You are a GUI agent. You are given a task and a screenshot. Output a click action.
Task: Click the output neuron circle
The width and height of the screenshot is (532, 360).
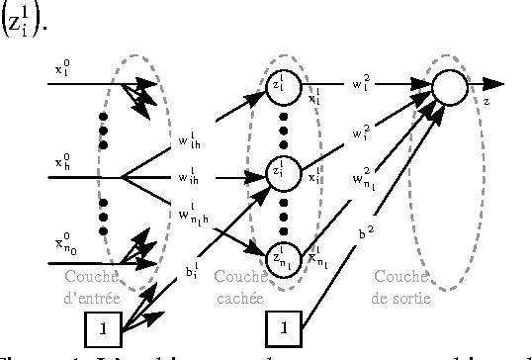pos(449,88)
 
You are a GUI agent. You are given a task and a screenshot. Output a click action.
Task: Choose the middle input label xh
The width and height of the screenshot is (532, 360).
pos(62,159)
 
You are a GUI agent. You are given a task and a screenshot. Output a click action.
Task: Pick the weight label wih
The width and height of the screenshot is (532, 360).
pos(187,179)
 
